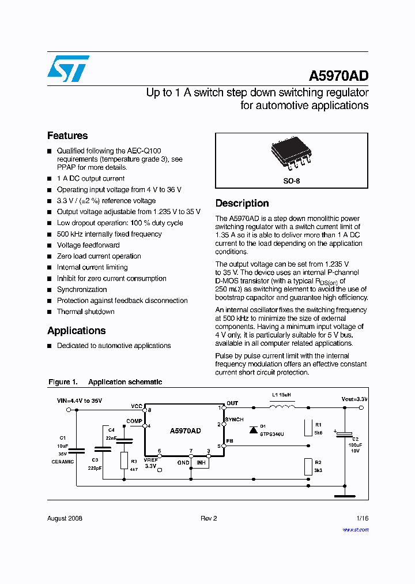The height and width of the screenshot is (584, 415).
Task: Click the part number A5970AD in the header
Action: point(338,76)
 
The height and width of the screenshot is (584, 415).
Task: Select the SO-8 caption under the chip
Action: point(292,181)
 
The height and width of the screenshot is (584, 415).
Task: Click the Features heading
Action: point(67,136)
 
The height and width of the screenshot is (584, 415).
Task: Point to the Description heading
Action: point(242,203)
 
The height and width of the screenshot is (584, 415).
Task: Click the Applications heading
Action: point(76,331)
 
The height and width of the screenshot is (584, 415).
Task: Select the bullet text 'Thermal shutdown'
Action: point(85,312)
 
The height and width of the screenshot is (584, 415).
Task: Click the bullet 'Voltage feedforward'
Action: point(88,245)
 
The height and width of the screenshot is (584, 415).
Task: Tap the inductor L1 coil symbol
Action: point(281,407)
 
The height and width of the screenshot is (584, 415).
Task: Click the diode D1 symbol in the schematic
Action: point(253,429)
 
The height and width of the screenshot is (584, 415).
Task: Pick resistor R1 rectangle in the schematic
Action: point(308,426)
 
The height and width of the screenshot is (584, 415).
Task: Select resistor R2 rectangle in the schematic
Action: point(308,466)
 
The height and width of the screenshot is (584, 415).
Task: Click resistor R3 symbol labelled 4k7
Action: point(124,460)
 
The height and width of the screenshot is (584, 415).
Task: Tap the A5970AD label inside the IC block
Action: point(185,431)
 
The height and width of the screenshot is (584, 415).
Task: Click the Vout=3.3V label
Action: point(354,399)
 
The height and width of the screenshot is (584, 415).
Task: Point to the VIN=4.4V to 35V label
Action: point(80,400)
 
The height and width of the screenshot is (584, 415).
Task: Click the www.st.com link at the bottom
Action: point(356,530)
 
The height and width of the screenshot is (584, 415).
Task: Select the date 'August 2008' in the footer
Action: point(65,518)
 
